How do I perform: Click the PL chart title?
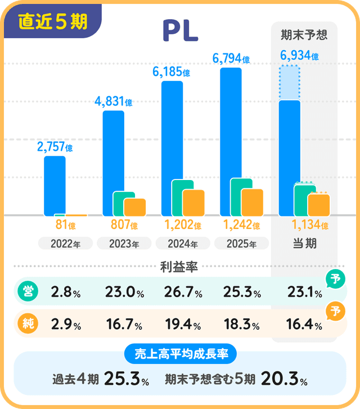pyautogui.click(x=180, y=32)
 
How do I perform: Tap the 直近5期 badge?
pyautogui.click(x=53, y=21)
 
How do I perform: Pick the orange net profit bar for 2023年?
pyautogui.click(x=135, y=207)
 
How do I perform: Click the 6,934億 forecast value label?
pyautogui.click(x=299, y=56)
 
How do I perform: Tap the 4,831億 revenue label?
pyautogui.click(x=114, y=102)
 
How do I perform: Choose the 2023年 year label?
pyautogui.click(x=123, y=244)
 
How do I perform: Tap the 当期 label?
pyautogui.click(x=304, y=244)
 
